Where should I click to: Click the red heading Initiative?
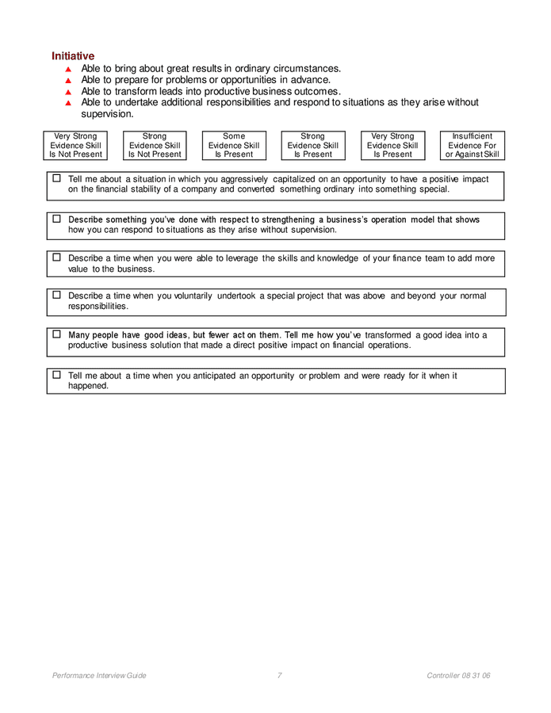(73, 56)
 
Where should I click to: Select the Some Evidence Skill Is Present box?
(234, 146)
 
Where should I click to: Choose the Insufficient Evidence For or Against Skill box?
(472, 146)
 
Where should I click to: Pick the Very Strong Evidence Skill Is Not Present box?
(75, 146)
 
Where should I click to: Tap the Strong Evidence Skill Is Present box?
(313, 146)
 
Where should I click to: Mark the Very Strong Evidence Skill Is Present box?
(392, 146)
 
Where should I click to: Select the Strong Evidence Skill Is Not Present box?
(155, 146)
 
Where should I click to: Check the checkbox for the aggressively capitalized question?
(57, 179)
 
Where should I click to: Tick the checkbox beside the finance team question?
(57, 257)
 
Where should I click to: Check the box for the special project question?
(57, 295)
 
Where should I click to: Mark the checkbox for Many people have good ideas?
(57, 334)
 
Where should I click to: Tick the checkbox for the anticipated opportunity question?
(57, 375)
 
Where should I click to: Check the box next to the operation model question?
(57, 219)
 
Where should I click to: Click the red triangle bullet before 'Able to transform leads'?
(68, 92)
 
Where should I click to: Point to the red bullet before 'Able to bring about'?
(68, 70)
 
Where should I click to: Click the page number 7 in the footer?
(280, 676)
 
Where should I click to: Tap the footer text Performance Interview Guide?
(99, 676)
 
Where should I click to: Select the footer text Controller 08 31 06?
(458, 676)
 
